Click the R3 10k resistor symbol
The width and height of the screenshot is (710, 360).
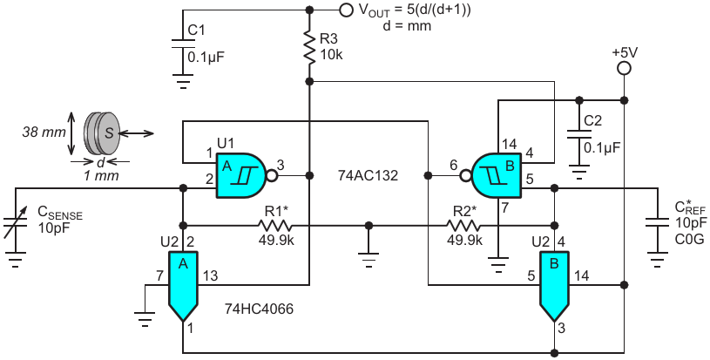309,48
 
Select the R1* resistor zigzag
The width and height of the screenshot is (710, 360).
274,225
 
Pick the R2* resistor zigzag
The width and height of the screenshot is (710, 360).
463,225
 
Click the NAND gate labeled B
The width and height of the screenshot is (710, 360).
497,175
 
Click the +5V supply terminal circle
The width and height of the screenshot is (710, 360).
624,69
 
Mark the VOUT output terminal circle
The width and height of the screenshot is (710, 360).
346,10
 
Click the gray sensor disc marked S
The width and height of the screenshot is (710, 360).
108,132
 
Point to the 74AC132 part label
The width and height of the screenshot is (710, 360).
369,176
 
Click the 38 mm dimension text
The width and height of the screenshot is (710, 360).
44,132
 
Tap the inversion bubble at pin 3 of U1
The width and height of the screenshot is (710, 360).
272,175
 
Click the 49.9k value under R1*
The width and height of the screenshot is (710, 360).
275,240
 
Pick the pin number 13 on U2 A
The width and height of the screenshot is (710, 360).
210,275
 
